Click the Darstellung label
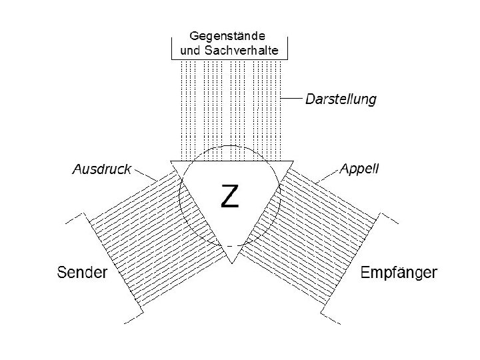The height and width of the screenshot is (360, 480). click(x=341, y=99)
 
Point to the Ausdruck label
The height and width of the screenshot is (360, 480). click(x=102, y=169)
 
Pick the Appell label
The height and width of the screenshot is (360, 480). click(x=359, y=169)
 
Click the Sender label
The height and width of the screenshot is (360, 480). click(x=83, y=273)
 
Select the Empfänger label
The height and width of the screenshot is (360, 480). click(x=399, y=273)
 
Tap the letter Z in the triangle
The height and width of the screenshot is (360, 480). click(x=229, y=195)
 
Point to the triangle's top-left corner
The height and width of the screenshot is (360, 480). click(x=172, y=161)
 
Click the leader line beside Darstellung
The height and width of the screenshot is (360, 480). click(x=292, y=99)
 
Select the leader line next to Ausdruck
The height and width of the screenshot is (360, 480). click(x=145, y=175)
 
